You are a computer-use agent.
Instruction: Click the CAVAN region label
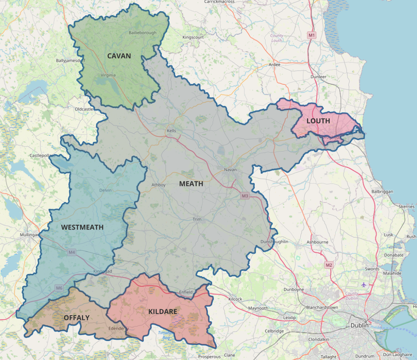coord(119,56)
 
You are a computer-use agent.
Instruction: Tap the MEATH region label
coord(191,183)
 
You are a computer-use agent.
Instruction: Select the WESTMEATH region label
coord(82,227)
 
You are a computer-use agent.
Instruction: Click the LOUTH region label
coord(318,121)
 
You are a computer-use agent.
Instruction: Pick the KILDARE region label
coord(162,311)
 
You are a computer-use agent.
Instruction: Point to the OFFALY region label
coord(77,318)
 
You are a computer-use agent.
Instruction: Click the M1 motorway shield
coord(312,34)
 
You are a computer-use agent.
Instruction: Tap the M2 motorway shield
coord(329,264)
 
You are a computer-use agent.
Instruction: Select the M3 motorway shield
coord(245,196)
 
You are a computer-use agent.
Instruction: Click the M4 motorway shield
coord(71,252)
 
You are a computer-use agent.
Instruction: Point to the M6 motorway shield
coord(59,288)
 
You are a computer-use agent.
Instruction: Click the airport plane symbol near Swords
coord(364,284)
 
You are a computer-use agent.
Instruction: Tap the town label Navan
coord(230,170)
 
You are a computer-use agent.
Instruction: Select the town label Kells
coord(171,131)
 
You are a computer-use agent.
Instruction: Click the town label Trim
coord(197,219)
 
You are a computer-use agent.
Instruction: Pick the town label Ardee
coord(274,65)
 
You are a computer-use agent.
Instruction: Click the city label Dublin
coord(359,326)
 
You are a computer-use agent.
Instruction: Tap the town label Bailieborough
coord(142,33)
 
